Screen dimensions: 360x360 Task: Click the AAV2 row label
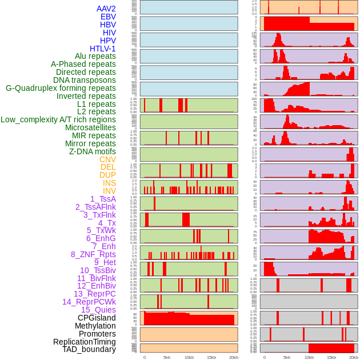(x=106, y=9)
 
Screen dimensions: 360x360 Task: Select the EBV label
(x=107, y=17)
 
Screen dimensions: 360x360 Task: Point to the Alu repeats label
(x=95, y=56)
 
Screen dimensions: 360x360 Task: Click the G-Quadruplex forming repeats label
(x=61, y=88)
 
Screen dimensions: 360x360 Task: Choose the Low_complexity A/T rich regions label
(x=58, y=119)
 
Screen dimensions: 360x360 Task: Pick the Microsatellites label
(x=90, y=127)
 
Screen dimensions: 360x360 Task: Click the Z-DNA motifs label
(x=92, y=151)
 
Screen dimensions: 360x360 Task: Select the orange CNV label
(x=107, y=159)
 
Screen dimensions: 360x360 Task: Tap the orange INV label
(x=109, y=191)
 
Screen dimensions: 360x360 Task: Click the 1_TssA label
(x=103, y=199)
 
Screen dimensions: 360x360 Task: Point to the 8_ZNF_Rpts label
(x=93, y=254)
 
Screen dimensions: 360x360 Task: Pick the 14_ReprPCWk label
(x=89, y=302)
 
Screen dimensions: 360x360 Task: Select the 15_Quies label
(x=98, y=310)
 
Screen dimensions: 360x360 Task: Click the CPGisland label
(x=97, y=318)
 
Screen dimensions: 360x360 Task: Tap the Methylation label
(x=95, y=326)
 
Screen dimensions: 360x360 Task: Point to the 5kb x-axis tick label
(x=167, y=357)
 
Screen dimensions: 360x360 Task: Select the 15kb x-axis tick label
(x=211, y=357)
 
